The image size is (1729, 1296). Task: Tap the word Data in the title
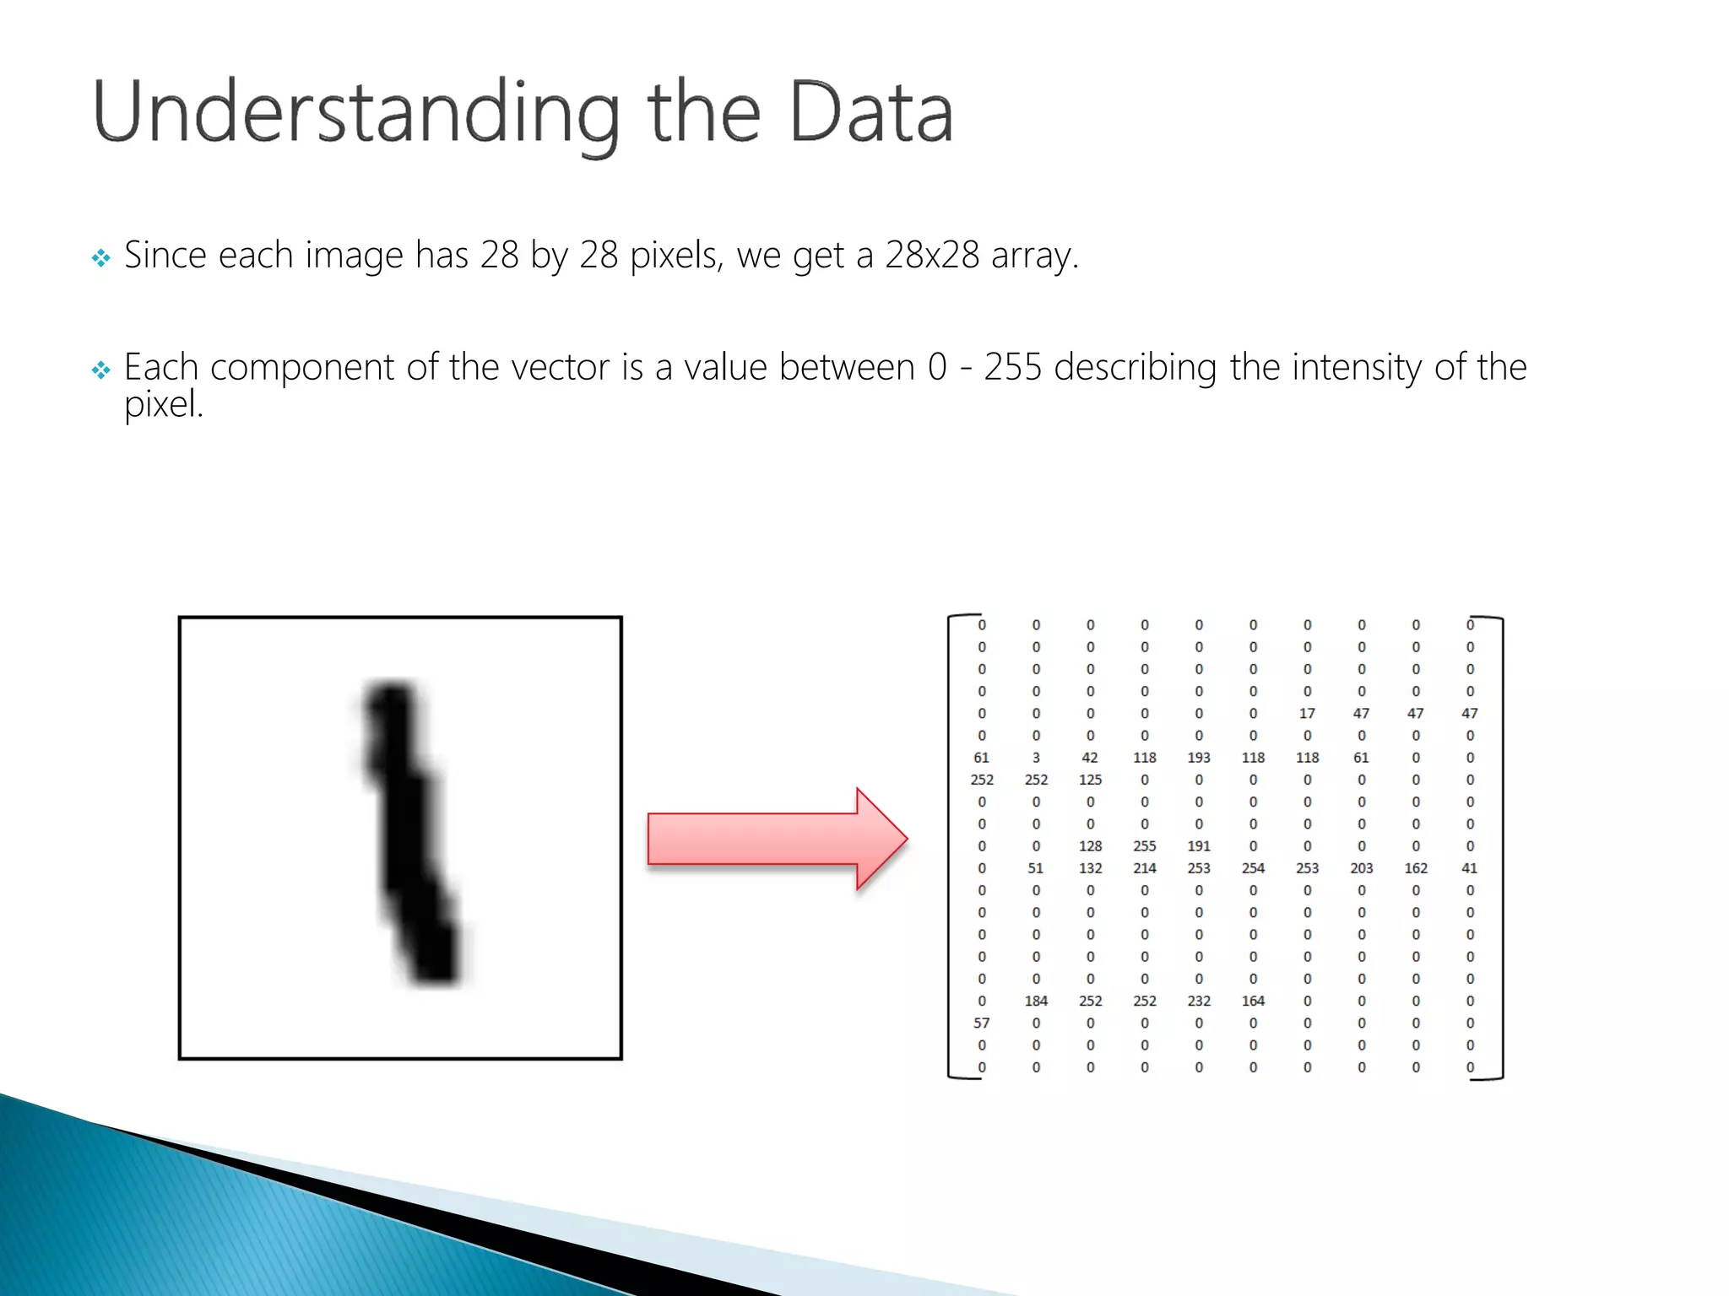[x=870, y=112]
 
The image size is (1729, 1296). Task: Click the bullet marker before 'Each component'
[x=101, y=370]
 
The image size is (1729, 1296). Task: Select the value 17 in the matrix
[x=1307, y=714]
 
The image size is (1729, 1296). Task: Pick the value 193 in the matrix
[x=1199, y=758]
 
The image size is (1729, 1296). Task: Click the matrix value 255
[x=1145, y=846]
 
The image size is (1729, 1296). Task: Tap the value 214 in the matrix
[x=1145, y=868]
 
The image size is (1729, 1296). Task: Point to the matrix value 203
[x=1361, y=868]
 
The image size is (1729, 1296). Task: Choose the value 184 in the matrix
[x=1036, y=1002]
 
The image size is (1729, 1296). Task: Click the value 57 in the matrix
[x=981, y=1023]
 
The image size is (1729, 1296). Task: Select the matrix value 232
[x=1199, y=1002]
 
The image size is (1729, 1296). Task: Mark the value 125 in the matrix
[x=1090, y=780]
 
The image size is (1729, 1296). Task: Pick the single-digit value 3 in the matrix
[x=1036, y=758]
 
